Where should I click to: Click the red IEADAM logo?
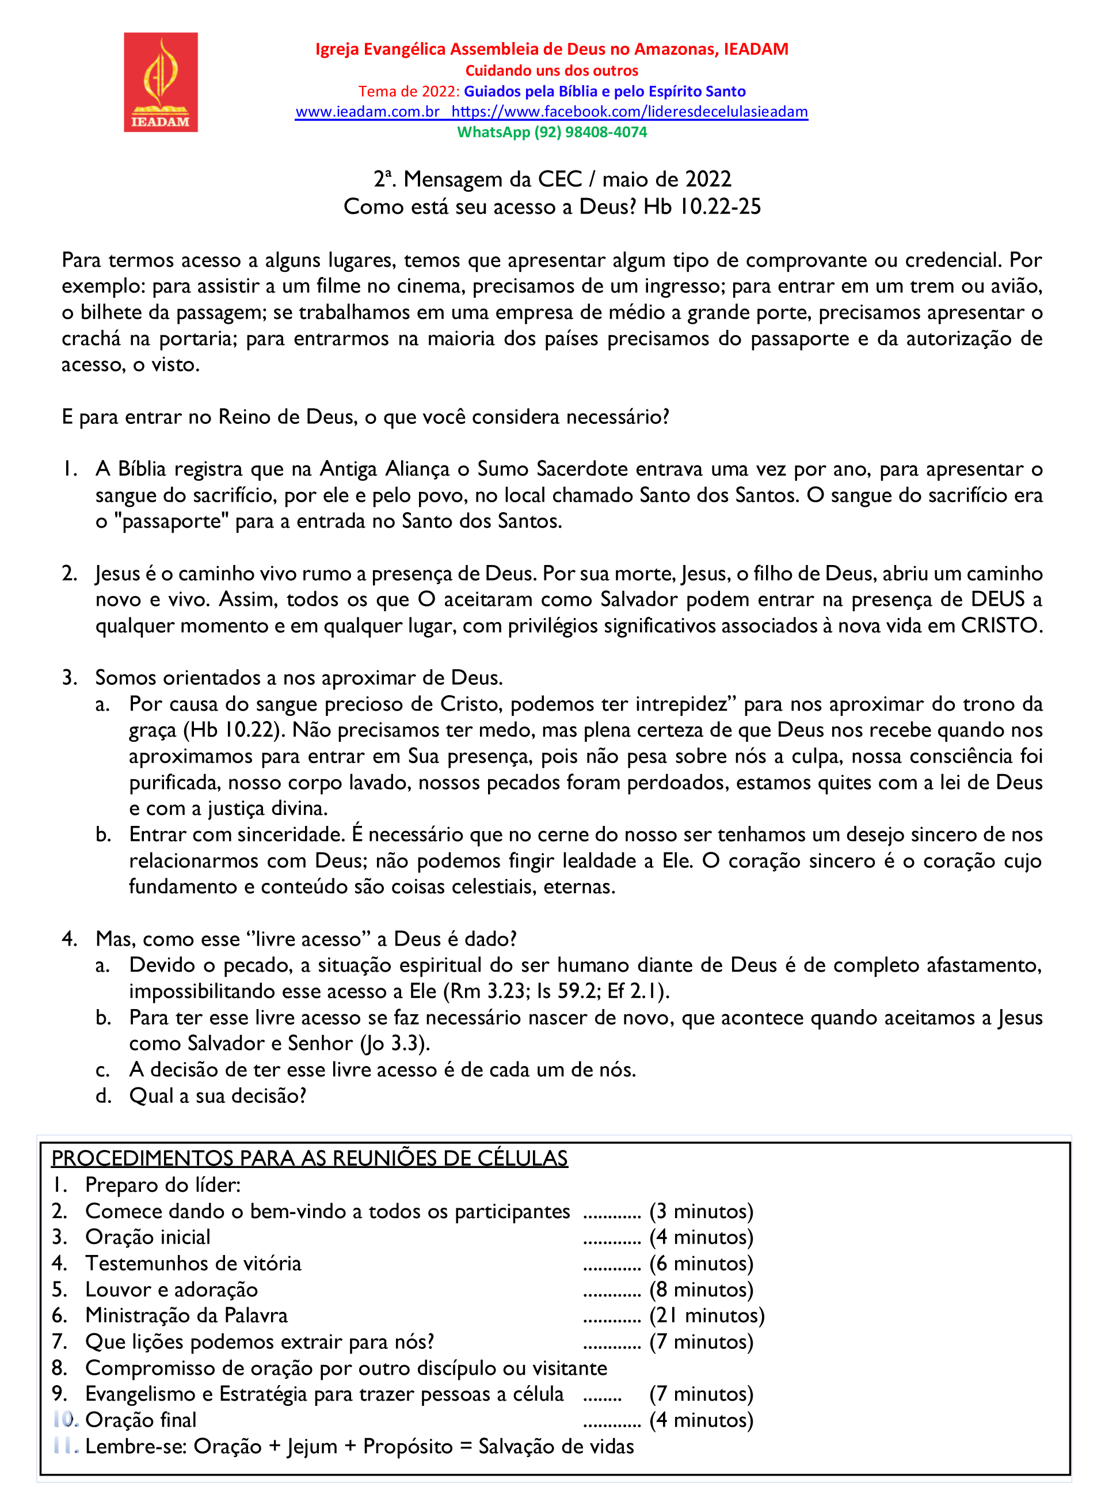click(x=161, y=82)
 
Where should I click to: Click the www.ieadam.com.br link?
click(x=367, y=112)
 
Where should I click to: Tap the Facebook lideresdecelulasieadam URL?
click(x=630, y=112)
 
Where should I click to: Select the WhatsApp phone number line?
click(x=552, y=132)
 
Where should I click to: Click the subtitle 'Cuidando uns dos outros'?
click(x=552, y=70)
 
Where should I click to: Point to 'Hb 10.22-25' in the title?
click(x=702, y=207)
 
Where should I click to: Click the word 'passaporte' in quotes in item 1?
click(x=172, y=521)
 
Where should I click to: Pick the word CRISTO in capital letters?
click(x=1001, y=626)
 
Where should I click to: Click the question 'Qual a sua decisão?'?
click(x=218, y=1095)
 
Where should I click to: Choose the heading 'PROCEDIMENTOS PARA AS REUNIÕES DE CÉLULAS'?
click(x=309, y=1159)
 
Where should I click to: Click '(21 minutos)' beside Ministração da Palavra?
click(x=706, y=1315)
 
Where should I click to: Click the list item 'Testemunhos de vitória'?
click(x=193, y=1263)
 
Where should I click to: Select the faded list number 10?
click(x=66, y=1419)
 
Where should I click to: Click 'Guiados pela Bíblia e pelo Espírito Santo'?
click(x=605, y=92)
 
